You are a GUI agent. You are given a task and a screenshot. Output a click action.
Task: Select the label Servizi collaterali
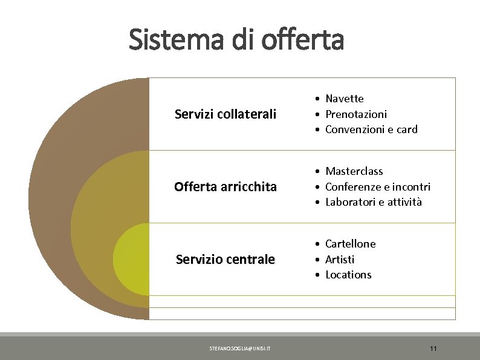coord(225,114)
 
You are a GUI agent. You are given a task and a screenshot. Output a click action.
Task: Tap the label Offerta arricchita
coord(225,187)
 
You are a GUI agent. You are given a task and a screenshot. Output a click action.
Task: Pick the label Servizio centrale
coord(225,260)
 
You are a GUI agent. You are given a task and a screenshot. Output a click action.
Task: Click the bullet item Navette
coord(345,99)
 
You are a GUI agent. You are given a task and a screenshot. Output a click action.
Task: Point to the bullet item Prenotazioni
coord(356,114)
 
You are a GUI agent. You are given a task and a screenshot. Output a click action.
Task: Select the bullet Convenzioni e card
coord(371,129)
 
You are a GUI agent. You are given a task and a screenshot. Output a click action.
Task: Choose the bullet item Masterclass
coord(354,171)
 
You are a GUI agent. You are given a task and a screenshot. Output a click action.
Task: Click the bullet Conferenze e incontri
coord(378,187)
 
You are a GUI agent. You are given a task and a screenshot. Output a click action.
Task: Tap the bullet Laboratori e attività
coord(374,202)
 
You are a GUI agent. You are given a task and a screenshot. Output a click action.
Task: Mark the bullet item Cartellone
coord(350,244)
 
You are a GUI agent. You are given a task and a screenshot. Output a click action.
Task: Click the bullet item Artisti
coord(340,260)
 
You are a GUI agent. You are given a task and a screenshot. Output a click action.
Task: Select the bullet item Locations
coord(348,275)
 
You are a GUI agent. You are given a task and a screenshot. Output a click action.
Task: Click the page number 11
coord(433,349)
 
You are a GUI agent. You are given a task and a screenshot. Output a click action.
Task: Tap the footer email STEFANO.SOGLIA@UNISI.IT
coord(240,349)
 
